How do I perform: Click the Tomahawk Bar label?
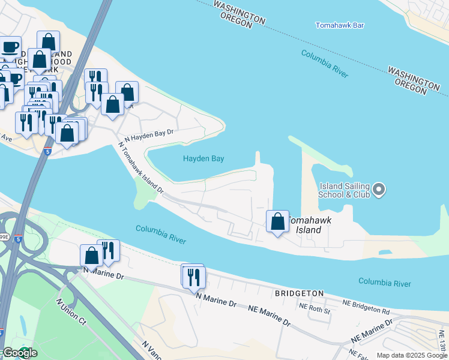[340, 25]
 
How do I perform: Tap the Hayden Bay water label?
[203, 159]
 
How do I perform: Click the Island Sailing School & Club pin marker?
[378, 190]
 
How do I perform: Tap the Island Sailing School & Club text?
[344, 190]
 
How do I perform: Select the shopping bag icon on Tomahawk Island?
[277, 221]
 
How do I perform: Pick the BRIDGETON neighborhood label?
[298, 294]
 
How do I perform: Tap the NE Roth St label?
[315, 310]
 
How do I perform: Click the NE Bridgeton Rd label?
[366, 308]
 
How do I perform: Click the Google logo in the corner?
[19, 353]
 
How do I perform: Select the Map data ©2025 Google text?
[411, 355]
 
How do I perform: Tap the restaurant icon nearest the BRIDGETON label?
[194, 277]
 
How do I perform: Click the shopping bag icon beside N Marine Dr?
[91, 256]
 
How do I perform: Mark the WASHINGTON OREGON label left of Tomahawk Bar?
[239, 13]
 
